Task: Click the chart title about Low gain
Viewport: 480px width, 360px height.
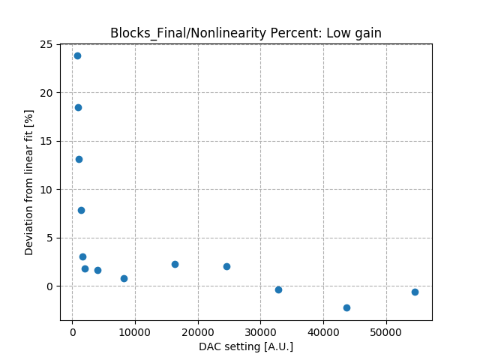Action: pyautogui.click(x=246, y=33)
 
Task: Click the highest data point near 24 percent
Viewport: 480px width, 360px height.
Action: pyautogui.click(x=77, y=55)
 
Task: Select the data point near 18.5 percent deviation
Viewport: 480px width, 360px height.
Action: pyautogui.click(x=78, y=107)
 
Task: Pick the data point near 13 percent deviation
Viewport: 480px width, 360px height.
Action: pyautogui.click(x=79, y=159)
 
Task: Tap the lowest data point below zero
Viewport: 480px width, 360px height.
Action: pyautogui.click(x=346, y=307)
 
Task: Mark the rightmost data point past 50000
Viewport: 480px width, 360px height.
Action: pyautogui.click(x=415, y=292)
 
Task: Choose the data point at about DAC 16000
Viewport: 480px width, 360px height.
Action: pyautogui.click(x=175, y=264)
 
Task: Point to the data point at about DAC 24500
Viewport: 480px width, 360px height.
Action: pyautogui.click(x=226, y=266)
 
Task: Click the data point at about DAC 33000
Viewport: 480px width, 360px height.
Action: pyautogui.click(x=278, y=289)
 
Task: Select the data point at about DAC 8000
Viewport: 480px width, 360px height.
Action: pyautogui.click(x=124, y=278)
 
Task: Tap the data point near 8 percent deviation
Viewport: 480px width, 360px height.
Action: pyautogui.click(x=81, y=210)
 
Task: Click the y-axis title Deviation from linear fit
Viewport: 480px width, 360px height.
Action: pyautogui.click(x=30, y=182)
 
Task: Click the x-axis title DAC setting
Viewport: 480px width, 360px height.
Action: pyautogui.click(x=246, y=346)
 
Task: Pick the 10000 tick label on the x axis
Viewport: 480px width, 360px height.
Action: pyautogui.click(x=135, y=331)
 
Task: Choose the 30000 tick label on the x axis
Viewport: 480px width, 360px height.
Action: pyautogui.click(x=261, y=331)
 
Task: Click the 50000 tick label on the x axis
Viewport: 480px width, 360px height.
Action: pyautogui.click(x=386, y=331)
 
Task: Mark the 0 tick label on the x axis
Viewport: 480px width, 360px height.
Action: pyautogui.click(x=72, y=331)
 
